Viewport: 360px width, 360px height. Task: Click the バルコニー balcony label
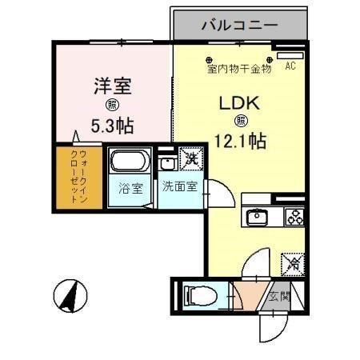239,24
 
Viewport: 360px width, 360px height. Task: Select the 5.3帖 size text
112,125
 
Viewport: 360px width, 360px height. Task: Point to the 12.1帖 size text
240,141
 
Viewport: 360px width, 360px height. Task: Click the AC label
290,67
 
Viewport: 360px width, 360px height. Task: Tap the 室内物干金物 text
238,69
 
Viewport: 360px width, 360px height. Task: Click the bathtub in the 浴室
128,163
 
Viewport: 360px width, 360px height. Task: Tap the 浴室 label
130,190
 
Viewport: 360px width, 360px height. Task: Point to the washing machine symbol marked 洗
191,159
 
